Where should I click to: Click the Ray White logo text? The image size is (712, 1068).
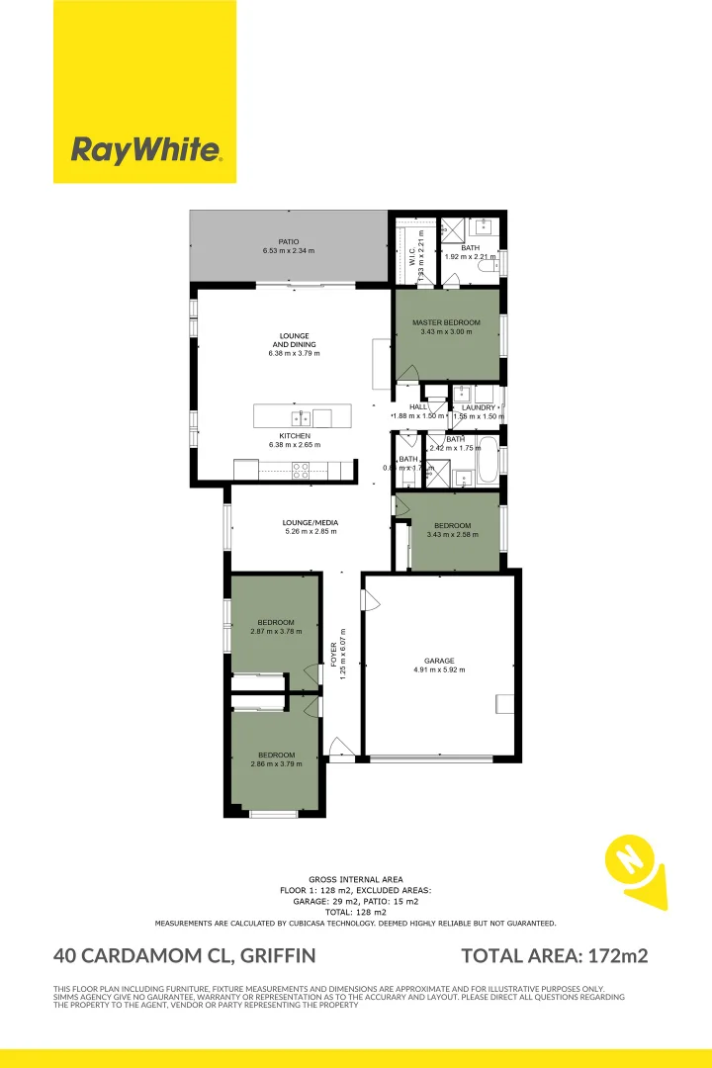click(x=144, y=150)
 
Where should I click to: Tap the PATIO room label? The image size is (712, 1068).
click(x=288, y=241)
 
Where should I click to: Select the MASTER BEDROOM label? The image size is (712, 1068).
click(x=446, y=323)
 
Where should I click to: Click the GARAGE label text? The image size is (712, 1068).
click(x=439, y=661)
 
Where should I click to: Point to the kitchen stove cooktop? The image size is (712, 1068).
click(x=300, y=470)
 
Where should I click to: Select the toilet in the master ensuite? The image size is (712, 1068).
click(x=486, y=264)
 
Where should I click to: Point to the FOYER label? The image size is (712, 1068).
click(x=334, y=653)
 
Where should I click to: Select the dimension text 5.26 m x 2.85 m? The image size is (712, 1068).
click(x=311, y=532)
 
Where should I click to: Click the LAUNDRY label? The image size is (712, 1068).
click(x=479, y=407)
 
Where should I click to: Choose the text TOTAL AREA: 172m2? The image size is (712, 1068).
click(x=555, y=955)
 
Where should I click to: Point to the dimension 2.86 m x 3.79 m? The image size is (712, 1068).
click(x=276, y=763)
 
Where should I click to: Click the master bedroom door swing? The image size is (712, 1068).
click(x=406, y=372)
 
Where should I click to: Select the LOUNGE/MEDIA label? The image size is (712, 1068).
click(x=311, y=521)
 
